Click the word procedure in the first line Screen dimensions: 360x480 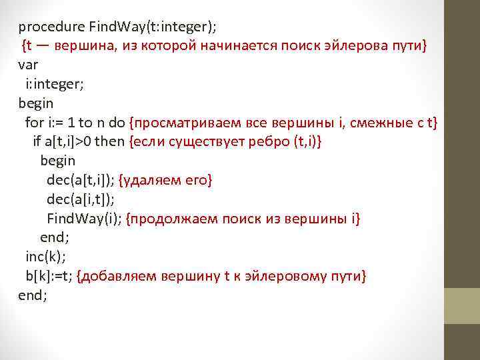point(51,27)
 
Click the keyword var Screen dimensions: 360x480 point(29,65)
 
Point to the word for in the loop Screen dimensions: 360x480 point(33,123)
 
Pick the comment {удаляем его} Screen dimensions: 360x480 point(165,180)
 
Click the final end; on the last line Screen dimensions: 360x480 point(33,295)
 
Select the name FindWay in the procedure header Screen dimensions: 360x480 point(111,27)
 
